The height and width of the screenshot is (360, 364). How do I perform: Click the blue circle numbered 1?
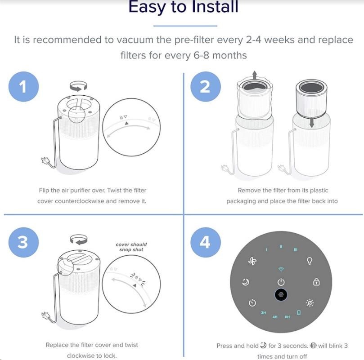(x=23, y=87)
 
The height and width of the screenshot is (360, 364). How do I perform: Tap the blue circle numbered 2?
(x=206, y=87)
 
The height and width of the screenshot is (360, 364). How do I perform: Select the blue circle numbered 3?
(x=23, y=242)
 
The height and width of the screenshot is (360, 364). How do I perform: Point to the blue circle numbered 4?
(x=206, y=242)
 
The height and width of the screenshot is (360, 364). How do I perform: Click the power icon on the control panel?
(x=281, y=282)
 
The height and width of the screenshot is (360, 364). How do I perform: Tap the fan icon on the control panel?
(x=252, y=262)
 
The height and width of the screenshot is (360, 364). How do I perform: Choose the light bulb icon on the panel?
(x=310, y=261)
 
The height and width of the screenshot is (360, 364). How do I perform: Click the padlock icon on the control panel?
(x=316, y=282)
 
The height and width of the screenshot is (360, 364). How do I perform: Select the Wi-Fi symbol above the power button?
(x=281, y=269)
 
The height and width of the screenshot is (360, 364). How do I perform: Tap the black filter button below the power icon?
(x=281, y=295)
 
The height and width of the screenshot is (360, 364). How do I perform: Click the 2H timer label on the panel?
(x=263, y=313)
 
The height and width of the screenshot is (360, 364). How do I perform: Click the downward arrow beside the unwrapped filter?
(x=312, y=123)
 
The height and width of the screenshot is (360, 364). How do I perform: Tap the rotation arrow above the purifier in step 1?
(x=78, y=86)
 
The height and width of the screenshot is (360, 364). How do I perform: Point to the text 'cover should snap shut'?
(x=131, y=247)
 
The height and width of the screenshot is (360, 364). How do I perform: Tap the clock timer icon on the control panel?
(x=252, y=303)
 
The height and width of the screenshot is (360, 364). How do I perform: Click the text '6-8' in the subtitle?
(x=202, y=55)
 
